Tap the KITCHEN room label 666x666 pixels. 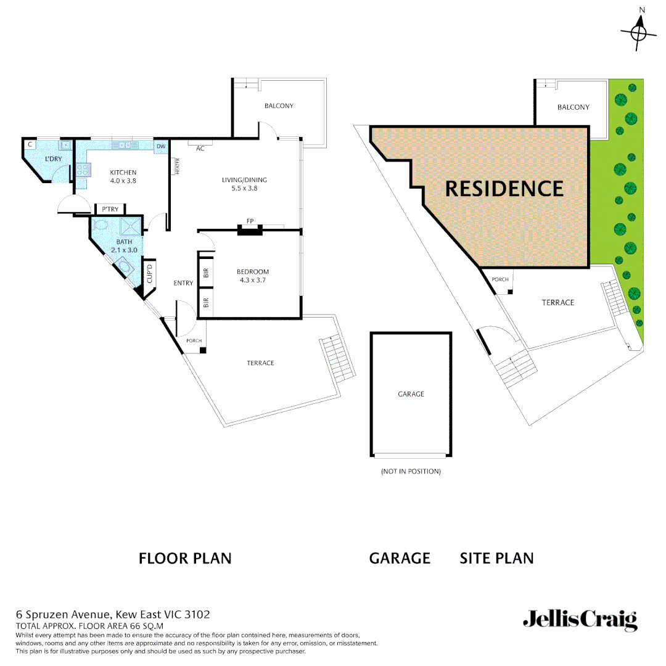[123, 173]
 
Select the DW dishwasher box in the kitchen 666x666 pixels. [161, 146]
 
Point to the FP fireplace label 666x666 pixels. [250, 221]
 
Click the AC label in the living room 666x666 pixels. [200, 149]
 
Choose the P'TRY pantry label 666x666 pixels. [110, 209]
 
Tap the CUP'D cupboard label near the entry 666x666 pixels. [149, 272]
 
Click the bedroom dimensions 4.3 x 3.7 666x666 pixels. [253, 280]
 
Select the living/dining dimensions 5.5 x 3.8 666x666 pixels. [244, 188]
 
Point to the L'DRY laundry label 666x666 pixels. [54, 159]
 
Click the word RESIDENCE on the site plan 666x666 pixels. [504, 189]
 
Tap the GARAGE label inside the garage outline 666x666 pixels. [411, 393]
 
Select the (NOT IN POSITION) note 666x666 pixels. [411, 471]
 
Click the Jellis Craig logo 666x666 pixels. [580, 620]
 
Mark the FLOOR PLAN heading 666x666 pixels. [185, 559]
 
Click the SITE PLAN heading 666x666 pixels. [496, 559]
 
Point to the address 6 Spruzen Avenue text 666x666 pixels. [113, 614]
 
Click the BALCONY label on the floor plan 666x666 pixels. [279, 106]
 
